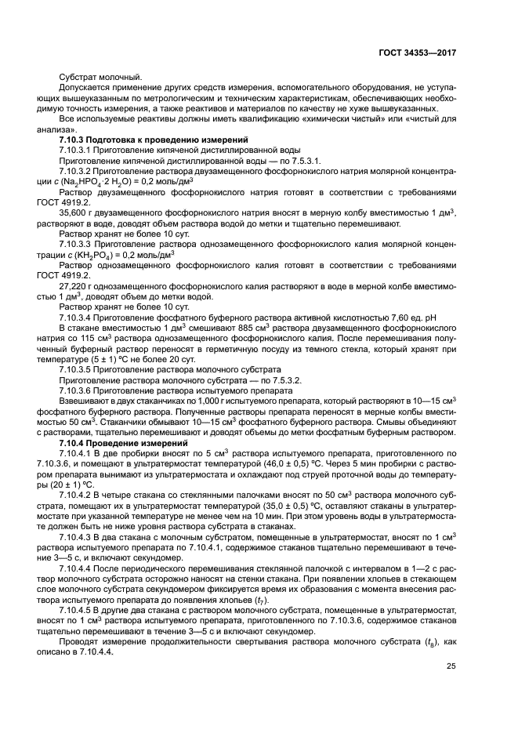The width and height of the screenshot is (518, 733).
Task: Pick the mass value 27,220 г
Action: [x=76, y=286]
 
